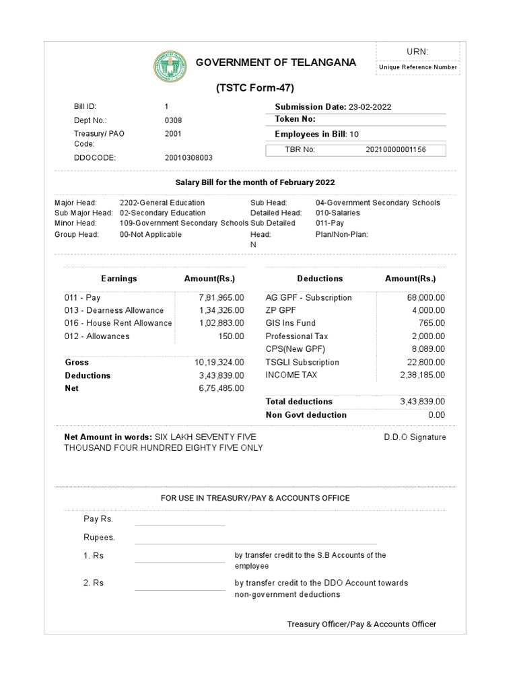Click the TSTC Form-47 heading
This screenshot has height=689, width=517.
255,88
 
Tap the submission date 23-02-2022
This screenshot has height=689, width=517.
370,106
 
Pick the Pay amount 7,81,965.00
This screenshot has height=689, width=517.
221,297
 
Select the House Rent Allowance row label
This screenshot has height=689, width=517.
118,323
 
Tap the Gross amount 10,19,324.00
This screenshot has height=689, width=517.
219,362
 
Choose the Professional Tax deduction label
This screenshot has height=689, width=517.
296,336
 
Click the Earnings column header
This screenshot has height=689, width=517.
119,279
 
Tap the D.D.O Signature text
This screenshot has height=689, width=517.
415,437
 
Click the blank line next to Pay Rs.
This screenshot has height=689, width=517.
180,520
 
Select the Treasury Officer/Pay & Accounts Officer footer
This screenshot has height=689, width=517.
361,624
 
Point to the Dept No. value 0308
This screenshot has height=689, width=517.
173,120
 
